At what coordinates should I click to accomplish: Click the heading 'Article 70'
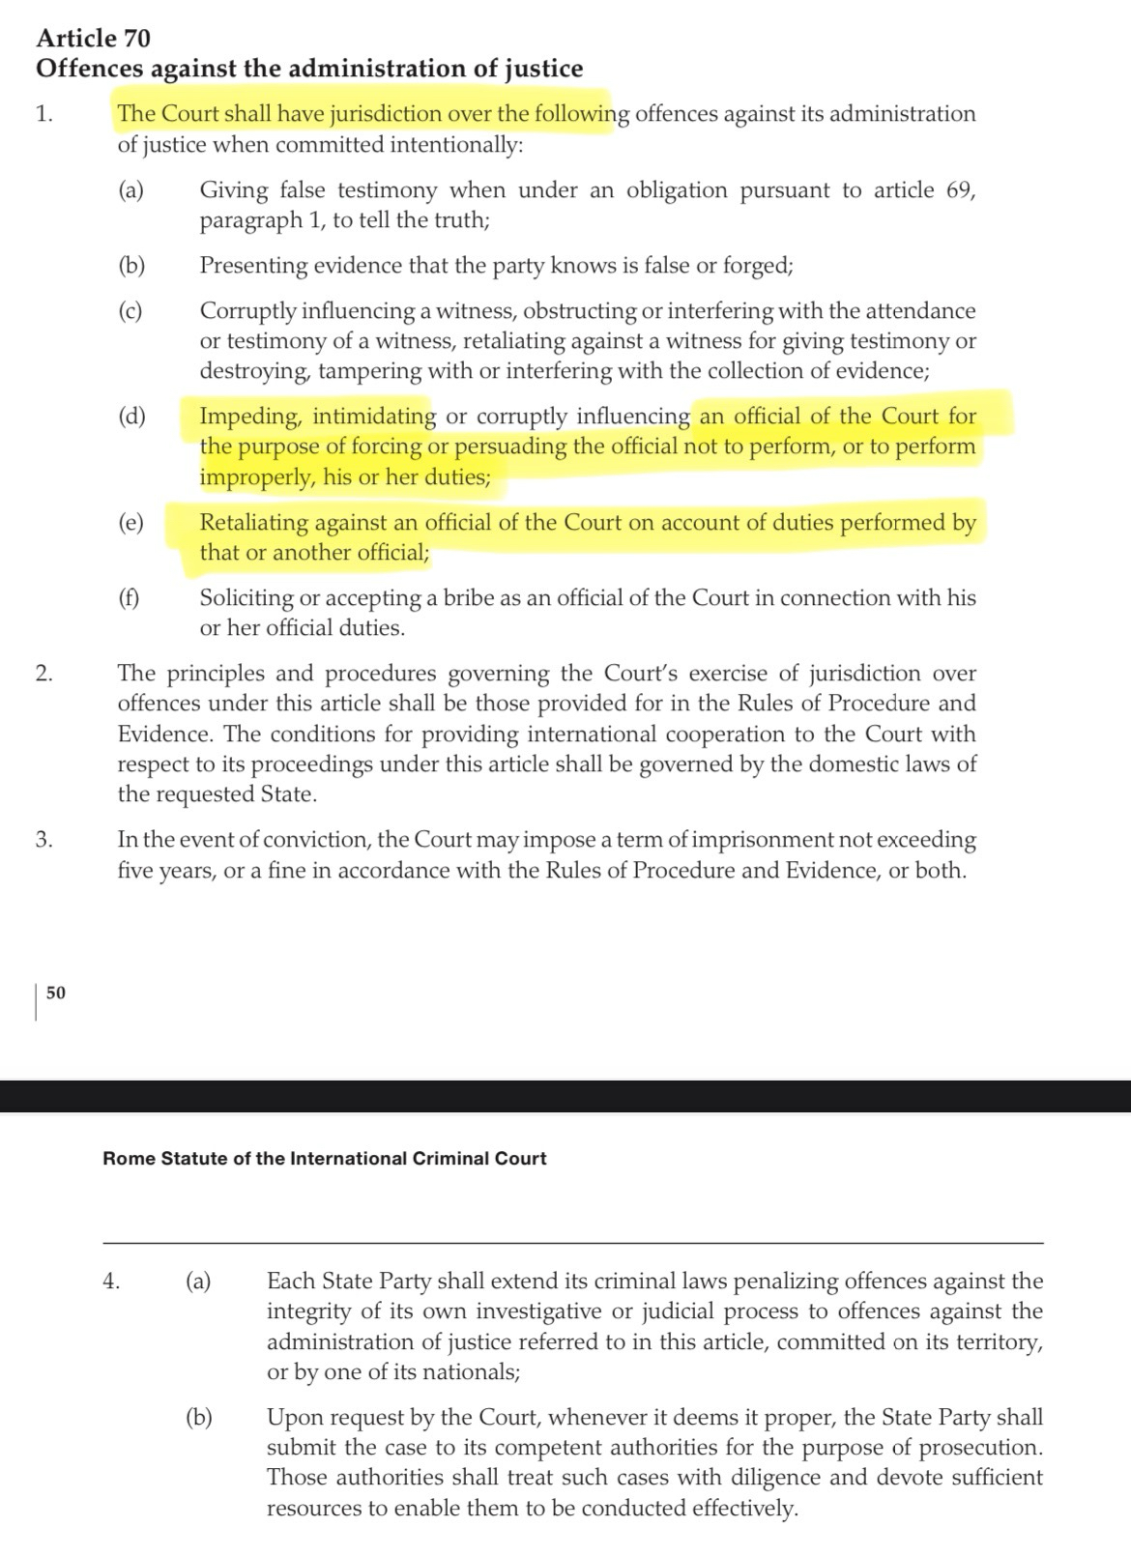tap(93, 39)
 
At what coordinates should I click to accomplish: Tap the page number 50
tap(56, 993)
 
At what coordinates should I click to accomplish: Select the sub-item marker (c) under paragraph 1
tap(130, 311)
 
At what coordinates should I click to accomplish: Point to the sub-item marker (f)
tap(129, 598)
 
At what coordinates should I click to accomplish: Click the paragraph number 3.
tap(43, 840)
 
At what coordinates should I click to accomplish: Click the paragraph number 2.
tap(43, 674)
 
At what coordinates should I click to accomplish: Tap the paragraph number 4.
tap(111, 1282)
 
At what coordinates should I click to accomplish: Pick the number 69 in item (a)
tap(961, 190)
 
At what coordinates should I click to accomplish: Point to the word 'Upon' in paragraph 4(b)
tap(291, 1418)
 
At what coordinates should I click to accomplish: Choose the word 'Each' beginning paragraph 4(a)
tap(289, 1282)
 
